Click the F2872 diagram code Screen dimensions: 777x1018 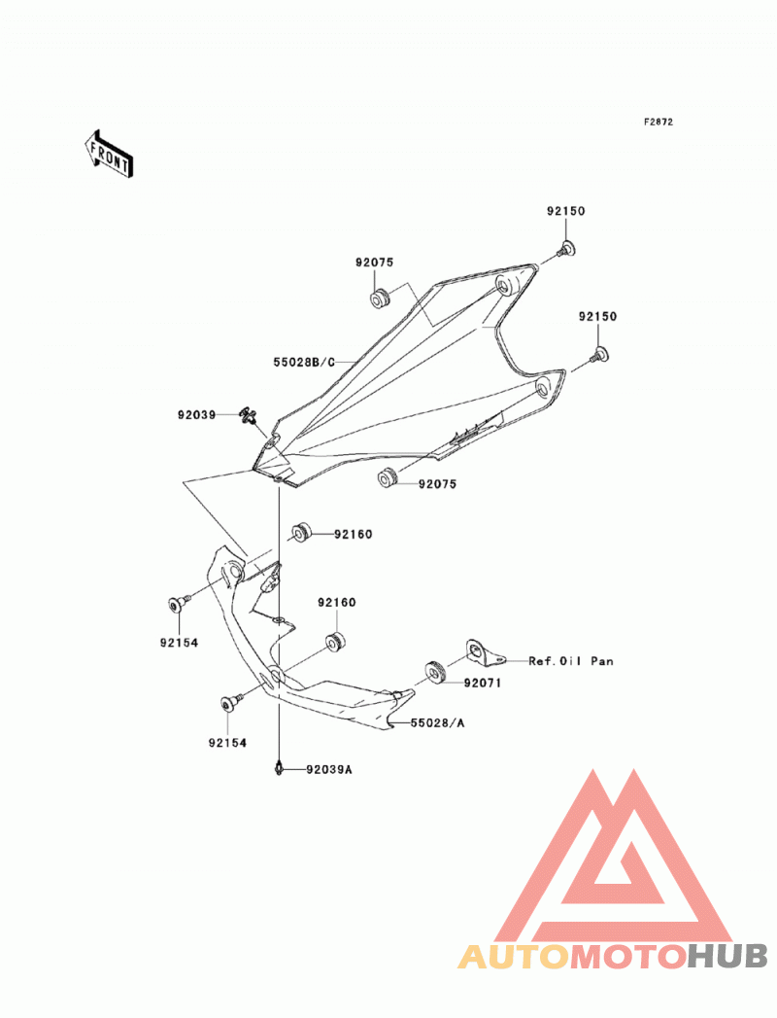(658, 122)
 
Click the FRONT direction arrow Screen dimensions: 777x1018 (109, 155)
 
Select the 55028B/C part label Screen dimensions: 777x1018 (304, 362)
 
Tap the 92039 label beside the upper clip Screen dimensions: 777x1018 (196, 414)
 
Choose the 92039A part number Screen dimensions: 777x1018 (329, 770)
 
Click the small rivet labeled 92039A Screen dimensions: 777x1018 (279, 768)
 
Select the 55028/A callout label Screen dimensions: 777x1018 (437, 722)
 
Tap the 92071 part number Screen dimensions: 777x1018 (482, 683)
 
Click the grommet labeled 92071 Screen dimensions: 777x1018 (434, 672)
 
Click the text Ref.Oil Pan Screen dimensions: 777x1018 (571, 661)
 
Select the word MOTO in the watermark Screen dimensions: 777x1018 (627, 957)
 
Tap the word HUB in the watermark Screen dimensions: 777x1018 (727, 957)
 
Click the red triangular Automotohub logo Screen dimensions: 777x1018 (613, 857)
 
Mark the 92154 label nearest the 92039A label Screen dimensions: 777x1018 (227, 743)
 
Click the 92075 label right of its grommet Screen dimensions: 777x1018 (437, 484)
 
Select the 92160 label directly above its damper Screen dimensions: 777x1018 (337, 603)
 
